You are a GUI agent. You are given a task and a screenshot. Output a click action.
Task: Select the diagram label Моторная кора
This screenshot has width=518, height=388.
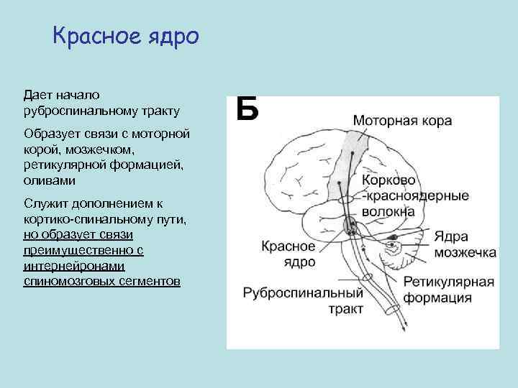(402, 120)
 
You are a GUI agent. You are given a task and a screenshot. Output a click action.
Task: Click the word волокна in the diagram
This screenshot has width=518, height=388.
(388, 211)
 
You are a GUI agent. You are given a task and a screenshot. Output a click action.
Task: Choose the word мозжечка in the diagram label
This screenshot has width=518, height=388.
(464, 252)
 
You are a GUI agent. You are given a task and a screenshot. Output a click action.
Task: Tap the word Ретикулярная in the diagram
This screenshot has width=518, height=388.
(448, 281)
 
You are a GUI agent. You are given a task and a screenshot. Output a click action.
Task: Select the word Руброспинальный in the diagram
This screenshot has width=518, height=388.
(301, 293)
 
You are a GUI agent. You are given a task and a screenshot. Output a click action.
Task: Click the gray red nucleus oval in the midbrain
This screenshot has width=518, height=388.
(350, 226)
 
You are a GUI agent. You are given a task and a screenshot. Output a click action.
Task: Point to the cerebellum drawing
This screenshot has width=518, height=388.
(394, 248)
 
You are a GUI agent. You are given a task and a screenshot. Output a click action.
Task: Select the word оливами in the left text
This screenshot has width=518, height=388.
(50, 181)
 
